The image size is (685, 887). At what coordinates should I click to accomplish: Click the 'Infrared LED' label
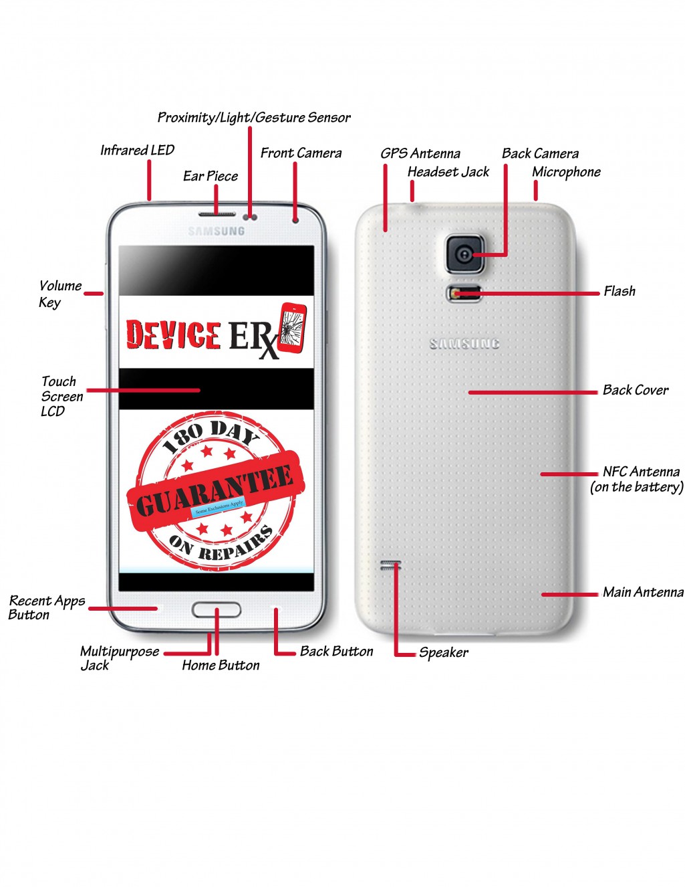point(137,151)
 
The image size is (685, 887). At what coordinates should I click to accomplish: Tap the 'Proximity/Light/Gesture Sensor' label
point(253,118)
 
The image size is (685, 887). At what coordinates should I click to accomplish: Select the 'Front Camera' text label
point(301,153)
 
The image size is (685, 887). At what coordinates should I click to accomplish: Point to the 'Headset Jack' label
point(448,172)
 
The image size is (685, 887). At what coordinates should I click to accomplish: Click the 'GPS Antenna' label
point(420,153)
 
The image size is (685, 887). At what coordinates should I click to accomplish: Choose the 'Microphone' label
point(566,172)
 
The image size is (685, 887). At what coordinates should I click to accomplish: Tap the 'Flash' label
point(620,291)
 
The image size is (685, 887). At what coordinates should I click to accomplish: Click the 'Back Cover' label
point(635,390)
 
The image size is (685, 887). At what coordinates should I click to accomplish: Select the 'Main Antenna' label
point(643,592)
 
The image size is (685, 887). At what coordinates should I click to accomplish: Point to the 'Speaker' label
point(444,652)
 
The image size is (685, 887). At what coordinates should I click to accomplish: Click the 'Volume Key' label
point(59,294)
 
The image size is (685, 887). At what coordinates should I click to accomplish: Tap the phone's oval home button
point(217,609)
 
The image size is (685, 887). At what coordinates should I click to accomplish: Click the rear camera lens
point(464,254)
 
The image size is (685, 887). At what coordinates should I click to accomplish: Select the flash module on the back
point(463,293)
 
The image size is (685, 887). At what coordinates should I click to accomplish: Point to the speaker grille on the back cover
point(391,566)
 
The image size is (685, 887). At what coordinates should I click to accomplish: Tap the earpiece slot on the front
point(217,215)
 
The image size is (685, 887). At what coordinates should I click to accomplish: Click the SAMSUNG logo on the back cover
point(464,344)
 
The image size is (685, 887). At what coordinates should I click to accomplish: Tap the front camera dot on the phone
point(295,219)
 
